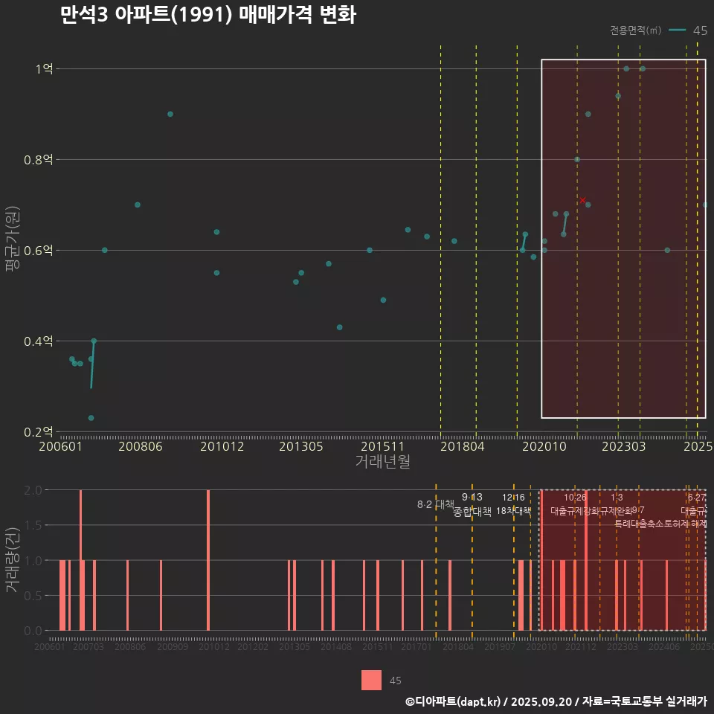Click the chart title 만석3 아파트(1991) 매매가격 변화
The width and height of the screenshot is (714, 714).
208,16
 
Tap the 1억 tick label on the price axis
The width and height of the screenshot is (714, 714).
44,69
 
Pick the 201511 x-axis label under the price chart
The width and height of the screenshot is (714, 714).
382,447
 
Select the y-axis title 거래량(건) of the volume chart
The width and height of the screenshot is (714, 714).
13,559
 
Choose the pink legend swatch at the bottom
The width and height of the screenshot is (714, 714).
371,680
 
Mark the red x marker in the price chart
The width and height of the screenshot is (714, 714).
582,199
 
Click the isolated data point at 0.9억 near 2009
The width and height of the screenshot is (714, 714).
170,114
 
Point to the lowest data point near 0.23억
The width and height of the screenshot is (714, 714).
91,418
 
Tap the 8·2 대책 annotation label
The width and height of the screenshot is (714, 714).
435,505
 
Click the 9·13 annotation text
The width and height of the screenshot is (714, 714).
472,497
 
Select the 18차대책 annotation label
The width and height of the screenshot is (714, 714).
513,511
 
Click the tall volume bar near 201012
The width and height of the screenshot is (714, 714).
208,559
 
